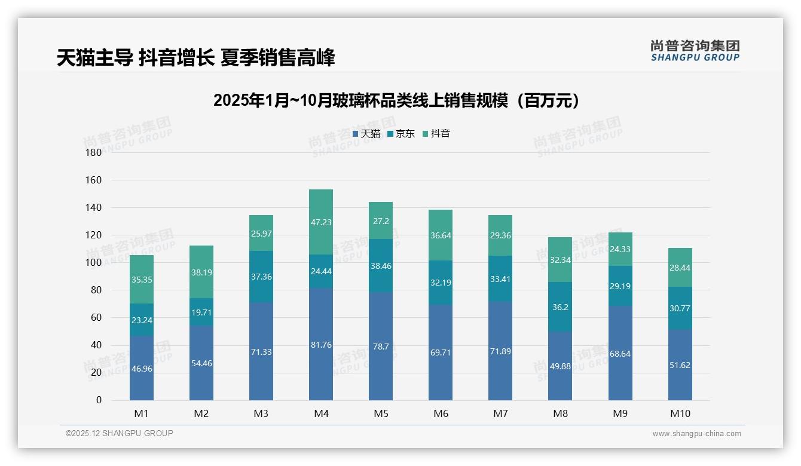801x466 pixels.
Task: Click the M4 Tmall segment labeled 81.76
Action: point(321,344)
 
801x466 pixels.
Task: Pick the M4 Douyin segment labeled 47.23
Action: point(321,222)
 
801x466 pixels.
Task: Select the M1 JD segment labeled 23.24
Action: point(142,320)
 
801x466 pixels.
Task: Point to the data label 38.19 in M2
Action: point(201,272)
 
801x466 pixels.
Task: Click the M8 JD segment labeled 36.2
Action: point(560,307)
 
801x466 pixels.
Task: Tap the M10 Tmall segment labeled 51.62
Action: point(680,364)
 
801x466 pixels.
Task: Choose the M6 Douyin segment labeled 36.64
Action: point(441,235)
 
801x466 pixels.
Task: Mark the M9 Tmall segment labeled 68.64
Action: point(620,354)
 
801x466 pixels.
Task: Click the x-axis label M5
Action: point(381,413)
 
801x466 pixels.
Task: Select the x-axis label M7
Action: point(500,413)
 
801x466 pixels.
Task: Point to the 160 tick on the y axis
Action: point(94,180)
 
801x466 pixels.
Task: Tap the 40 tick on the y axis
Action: point(96,345)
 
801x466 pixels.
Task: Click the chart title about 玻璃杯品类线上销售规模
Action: point(397,100)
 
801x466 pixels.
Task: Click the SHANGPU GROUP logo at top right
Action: point(695,50)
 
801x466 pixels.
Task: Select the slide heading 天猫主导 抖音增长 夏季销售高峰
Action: point(195,57)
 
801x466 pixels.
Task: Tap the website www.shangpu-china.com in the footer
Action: point(696,434)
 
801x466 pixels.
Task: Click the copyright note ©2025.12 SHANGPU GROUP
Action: point(120,433)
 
